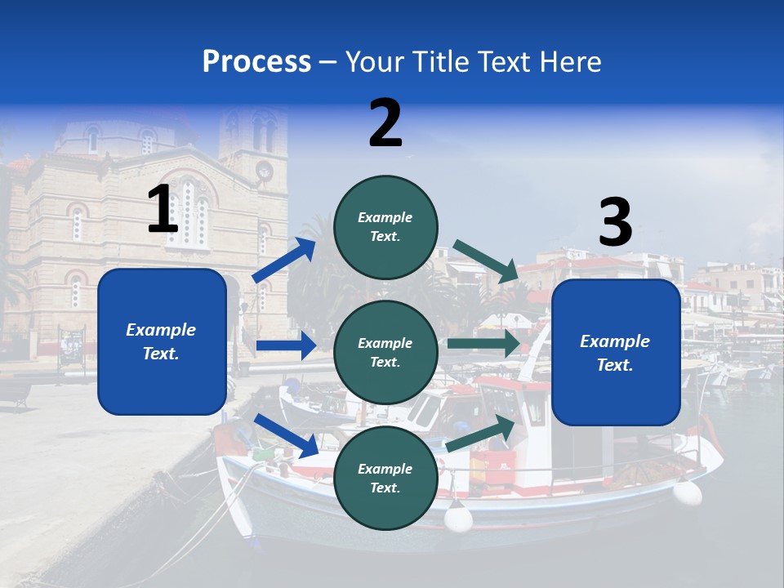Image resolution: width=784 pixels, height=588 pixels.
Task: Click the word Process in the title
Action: pos(256,61)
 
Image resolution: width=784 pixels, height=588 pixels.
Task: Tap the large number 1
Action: pos(163,209)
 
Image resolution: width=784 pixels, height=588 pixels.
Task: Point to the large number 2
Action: pos(385,123)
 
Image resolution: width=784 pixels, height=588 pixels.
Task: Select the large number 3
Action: pos(615,223)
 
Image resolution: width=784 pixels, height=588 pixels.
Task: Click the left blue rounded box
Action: pos(162,341)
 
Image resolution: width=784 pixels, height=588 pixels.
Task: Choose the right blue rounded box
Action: pos(616,353)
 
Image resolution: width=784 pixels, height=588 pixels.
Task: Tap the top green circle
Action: pos(385,226)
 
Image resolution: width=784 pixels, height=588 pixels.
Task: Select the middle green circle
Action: pos(385,352)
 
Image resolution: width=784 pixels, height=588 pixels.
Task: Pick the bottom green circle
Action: pos(385,478)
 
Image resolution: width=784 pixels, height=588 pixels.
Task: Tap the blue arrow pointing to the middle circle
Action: pos(286,345)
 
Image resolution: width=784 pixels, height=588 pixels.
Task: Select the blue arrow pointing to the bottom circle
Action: pos(287,435)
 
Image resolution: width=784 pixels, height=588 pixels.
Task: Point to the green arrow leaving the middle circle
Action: pos(483,344)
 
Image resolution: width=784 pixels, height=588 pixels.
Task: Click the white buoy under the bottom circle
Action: pos(458,518)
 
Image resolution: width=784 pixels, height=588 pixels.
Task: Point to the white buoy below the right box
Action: pos(687,492)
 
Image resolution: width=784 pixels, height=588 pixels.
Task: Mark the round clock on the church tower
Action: pos(264,170)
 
